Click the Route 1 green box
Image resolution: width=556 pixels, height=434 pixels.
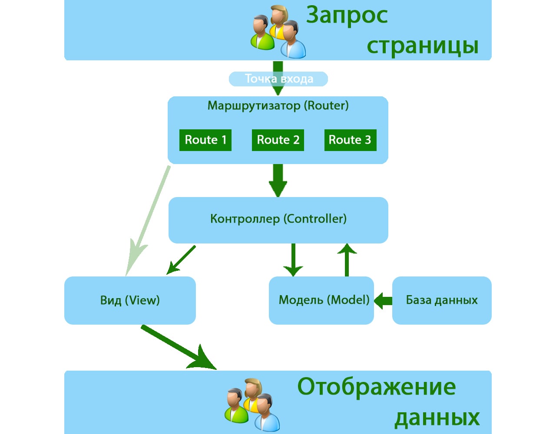tap(205, 140)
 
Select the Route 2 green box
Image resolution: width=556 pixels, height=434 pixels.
tap(278, 140)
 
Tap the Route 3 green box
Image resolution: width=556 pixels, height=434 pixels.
tap(350, 140)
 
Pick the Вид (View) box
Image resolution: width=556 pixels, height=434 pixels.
tap(130, 300)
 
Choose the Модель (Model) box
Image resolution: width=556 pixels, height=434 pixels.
tap(321, 300)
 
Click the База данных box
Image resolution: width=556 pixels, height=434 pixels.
tap(442, 300)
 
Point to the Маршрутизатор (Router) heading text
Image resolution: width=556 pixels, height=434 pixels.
tap(278, 105)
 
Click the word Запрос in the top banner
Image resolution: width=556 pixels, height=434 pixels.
tap(347, 16)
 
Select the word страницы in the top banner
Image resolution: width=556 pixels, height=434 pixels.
tap(422, 45)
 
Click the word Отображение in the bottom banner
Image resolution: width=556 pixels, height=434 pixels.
tap(377, 386)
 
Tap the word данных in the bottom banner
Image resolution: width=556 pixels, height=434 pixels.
tap(437, 418)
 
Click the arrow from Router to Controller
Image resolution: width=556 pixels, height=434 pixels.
tap(278, 180)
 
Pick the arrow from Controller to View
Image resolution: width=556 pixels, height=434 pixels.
tap(182, 260)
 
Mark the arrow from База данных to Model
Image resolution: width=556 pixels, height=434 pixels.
tap(383, 300)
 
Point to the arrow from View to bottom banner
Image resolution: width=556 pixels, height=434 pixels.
tap(178, 347)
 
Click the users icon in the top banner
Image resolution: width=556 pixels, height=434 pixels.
tap(278, 33)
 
